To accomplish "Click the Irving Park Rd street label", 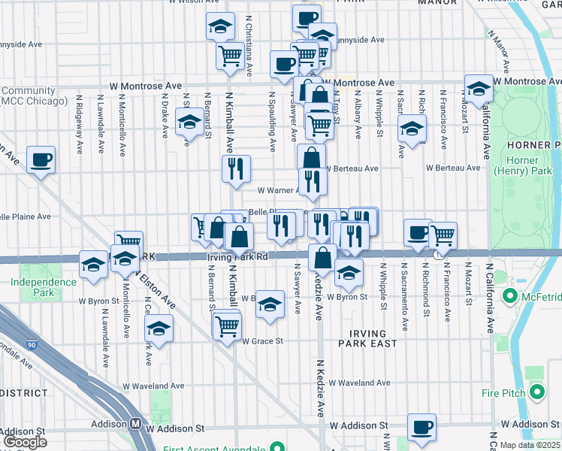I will coord(237,257).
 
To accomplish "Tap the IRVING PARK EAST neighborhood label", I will coord(367,338).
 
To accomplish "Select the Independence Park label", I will coord(44,287).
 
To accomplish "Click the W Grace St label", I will coord(261,341).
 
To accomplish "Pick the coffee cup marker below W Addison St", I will coord(421,427).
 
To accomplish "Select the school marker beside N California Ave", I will coord(478,88).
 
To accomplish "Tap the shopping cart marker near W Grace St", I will coord(227,325).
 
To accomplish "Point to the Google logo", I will coord(25,442).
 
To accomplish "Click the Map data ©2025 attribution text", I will coord(530,445).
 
